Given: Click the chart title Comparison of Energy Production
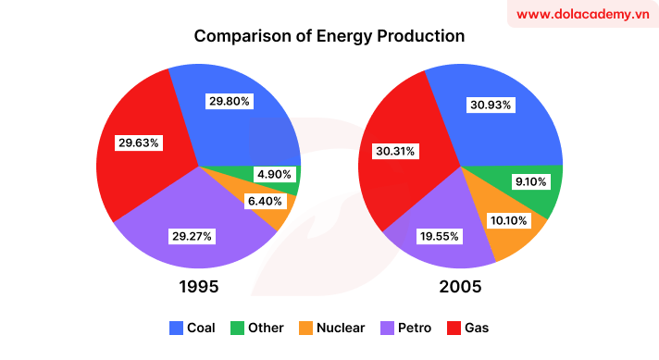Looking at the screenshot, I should (x=329, y=37).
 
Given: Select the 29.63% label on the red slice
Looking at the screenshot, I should (x=139, y=143).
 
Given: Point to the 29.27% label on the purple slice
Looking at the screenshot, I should (x=192, y=236).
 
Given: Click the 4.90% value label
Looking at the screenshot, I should (x=275, y=174).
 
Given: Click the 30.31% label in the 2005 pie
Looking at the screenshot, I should (x=395, y=150).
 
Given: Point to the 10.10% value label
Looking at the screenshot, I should (x=506, y=220).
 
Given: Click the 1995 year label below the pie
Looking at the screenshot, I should (x=198, y=286).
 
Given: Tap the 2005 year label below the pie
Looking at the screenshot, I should (x=460, y=286).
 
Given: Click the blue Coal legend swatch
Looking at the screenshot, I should (x=177, y=328).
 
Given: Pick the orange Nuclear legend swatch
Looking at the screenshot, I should (x=304, y=328).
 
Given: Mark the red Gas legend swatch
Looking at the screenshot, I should (x=453, y=328).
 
